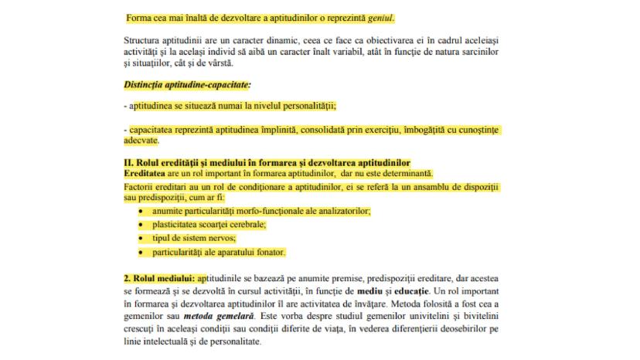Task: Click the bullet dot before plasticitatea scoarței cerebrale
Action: (141, 224)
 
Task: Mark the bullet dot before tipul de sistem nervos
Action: (141, 238)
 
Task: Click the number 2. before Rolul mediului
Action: (128, 277)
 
